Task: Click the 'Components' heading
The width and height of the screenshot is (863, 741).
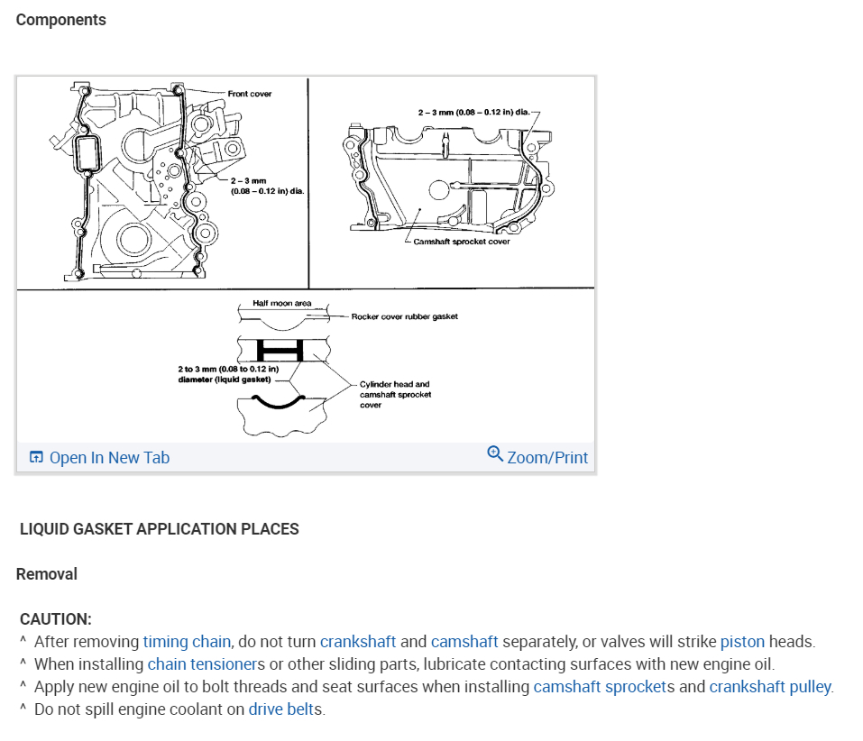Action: pos(60,20)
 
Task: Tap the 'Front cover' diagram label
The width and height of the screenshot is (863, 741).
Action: pos(250,94)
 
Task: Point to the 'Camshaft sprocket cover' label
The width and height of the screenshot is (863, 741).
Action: pos(461,242)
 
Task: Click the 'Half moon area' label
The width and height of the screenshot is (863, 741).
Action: pos(281,304)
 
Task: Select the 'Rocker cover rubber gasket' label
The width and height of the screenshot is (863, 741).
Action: pos(404,316)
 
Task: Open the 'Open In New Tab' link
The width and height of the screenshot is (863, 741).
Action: pos(108,458)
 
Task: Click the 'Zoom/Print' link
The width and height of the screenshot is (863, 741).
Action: pos(547,458)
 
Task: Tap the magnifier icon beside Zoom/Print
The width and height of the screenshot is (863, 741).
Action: pos(494,453)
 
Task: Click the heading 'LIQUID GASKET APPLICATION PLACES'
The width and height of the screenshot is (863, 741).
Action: pos(160,529)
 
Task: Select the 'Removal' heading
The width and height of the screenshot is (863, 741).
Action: pos(47,574)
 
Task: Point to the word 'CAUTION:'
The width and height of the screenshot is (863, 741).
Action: pos(56,619)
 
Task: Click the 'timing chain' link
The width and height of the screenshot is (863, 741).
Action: pos(187,642)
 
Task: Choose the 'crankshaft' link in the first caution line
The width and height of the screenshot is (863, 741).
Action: pos(358,642)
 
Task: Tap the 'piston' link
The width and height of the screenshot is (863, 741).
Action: pos(742,642)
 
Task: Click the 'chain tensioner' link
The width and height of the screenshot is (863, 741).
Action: pos(201,664)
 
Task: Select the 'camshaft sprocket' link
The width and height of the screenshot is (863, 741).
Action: pos(599,687)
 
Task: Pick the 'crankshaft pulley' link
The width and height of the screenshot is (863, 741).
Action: pos(770,687)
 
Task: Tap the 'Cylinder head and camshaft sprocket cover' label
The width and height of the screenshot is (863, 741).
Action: pos(395,394)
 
